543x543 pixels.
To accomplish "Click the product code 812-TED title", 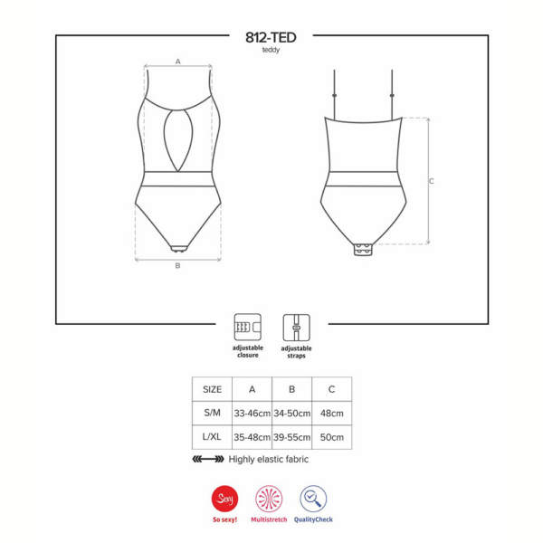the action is (x=271, y=37).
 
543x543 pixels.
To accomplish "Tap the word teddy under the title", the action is (x=271, y=50).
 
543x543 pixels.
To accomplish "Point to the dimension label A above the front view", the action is (x=178, y=62).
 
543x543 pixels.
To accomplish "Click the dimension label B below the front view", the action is (x=177, y=265).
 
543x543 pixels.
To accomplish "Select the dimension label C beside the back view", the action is (x=431, y=181).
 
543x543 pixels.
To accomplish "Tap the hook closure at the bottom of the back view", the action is (x=363, y=250).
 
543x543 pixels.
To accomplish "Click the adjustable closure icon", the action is (x=248, y=328).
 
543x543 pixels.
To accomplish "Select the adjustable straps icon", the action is (x=297, y=328).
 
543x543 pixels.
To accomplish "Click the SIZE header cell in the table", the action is (x=212, y=389).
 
